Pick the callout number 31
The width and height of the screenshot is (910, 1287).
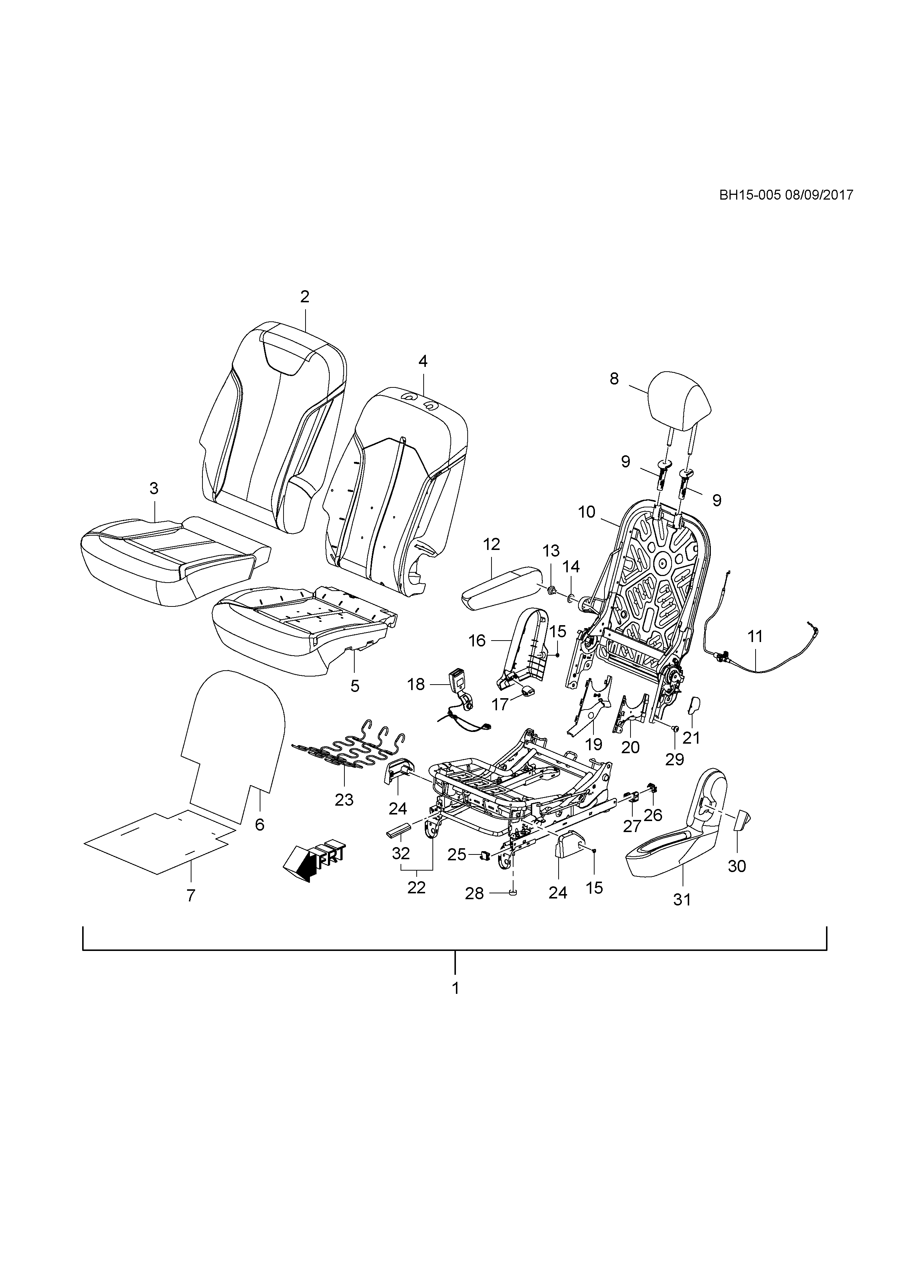(x=681, y=900)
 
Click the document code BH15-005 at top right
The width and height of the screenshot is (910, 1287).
(x=750, y=195)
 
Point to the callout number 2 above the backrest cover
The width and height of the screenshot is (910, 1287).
(x=304, y=296)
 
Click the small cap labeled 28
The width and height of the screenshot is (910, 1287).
(x=513, y=892)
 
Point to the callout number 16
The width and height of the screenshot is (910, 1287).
(x=477, y=641)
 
